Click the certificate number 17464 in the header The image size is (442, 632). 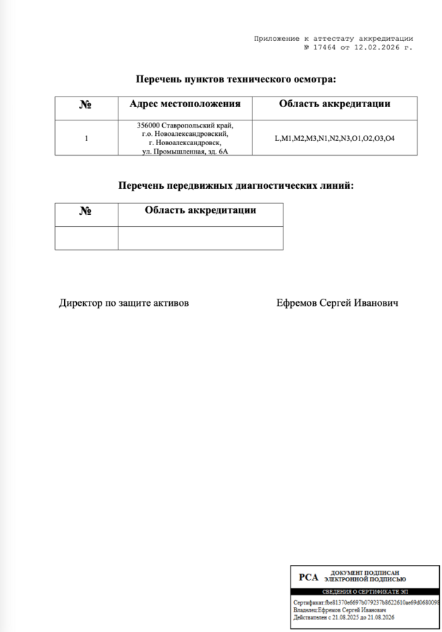point(321,47)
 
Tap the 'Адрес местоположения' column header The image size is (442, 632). point(185,104)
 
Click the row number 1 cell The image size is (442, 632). point(86,138)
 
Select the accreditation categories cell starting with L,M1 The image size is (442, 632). point(334,138)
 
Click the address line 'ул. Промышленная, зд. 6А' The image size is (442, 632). point(185,151)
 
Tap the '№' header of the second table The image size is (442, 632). point(86,211)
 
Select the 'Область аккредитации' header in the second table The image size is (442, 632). point(200,210)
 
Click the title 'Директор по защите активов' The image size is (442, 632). point(123,303)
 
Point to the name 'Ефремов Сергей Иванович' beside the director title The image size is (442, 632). point(338,303)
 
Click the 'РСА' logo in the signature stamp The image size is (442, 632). point(309,577)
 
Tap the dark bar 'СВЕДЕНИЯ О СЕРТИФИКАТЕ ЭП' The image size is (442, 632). point(365,592)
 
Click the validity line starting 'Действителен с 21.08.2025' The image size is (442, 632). point(343,617)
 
